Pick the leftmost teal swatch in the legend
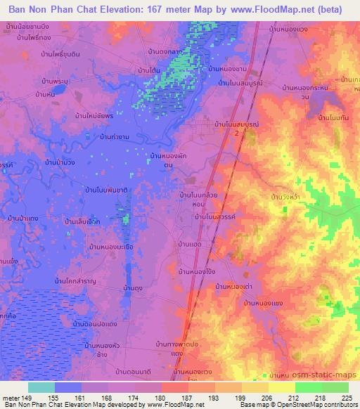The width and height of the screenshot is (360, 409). (41, 387)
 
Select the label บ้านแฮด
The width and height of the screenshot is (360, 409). (190, 243)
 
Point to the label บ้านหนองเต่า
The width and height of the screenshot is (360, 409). (234, 286)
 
